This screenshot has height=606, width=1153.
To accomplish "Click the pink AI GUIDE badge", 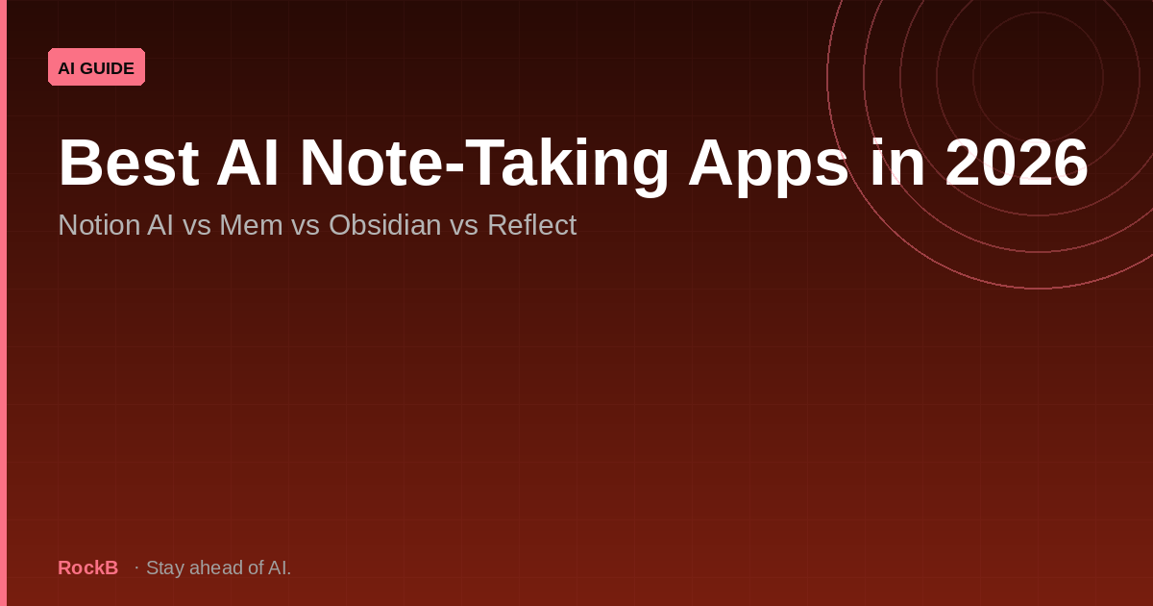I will tap(96, 67).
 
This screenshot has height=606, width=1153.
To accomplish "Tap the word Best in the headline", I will tap(128, 164).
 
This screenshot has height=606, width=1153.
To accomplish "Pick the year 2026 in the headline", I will tap(1017, 164).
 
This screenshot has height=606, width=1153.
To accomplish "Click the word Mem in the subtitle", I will tap(244, 225).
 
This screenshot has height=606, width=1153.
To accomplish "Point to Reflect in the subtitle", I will tap(531, 225).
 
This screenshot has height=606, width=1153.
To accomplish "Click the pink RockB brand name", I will tap(87, 568).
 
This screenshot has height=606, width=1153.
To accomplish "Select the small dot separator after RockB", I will tap(136, 568).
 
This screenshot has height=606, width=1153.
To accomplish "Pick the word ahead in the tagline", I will tap(213, 568).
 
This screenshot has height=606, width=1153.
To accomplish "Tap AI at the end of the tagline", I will tap(279, 568).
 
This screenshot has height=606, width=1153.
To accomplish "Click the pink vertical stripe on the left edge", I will tap(3, 303).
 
